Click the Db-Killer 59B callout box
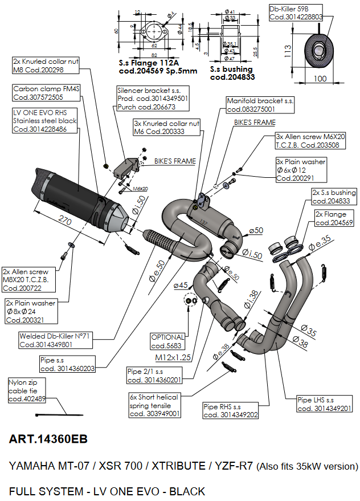tap(296, 13)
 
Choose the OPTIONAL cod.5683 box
tap(167, 341)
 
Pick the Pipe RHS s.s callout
tap(231, 410)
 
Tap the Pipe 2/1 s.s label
tap(154, 376)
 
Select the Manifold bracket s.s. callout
tap(260, 104)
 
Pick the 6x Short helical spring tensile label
tap(154, 405)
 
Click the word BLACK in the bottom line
tap(182, 491)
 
